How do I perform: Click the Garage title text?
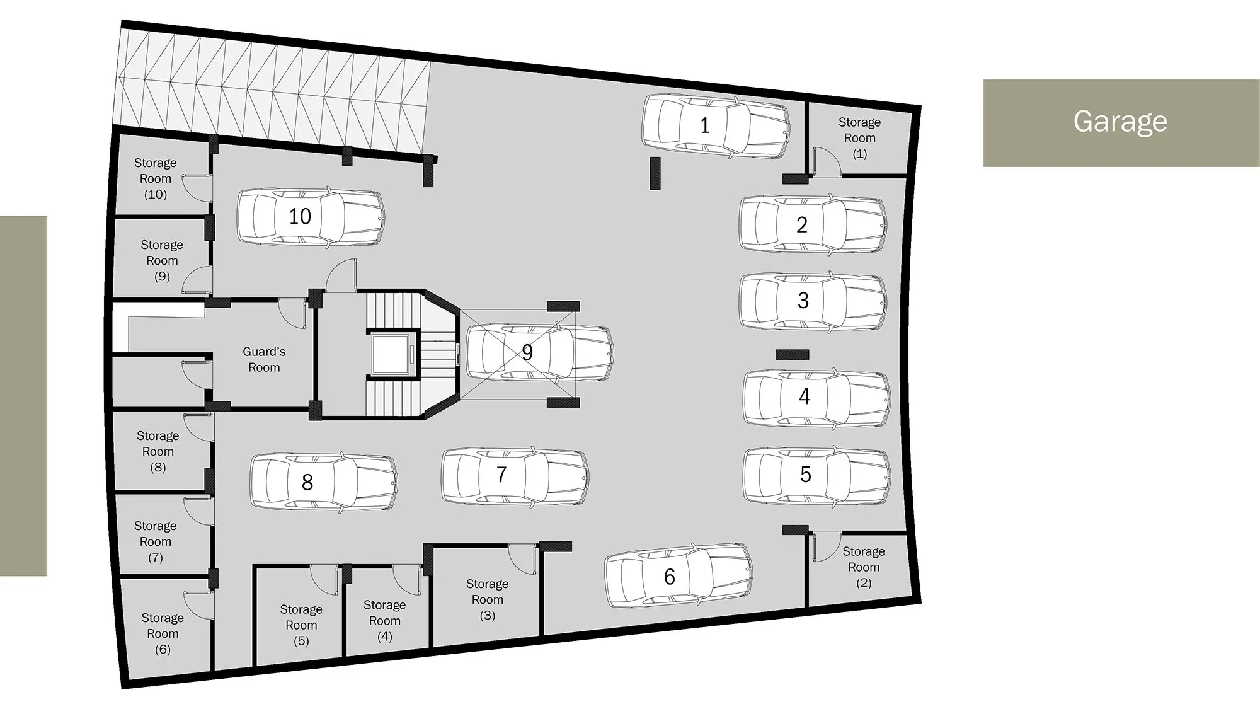point(1120,121)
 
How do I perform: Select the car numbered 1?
point(716,126)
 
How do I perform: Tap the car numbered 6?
point(679,575)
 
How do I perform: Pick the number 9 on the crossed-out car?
point(527,352)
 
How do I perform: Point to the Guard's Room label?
point(264,359)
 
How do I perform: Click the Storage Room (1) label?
point(859,137)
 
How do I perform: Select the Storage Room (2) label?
point(864,567)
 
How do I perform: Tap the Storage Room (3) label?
point(487,599)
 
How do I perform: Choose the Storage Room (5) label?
point(301,625)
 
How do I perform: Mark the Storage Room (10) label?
point(155,178)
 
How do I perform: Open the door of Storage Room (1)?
point(827,161)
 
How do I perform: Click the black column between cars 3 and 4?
point(793,355)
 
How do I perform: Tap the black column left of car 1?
point(655,173)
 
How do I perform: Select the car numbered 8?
point(324,481)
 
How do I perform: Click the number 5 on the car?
point(806,475)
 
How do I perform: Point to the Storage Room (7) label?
point(155,541)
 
